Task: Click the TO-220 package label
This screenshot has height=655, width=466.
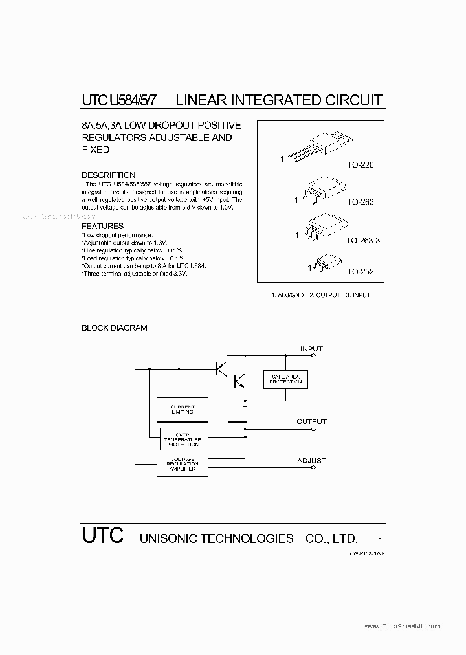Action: click(x=360, y=165)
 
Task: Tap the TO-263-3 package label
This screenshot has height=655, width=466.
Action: click(x=362, y=240)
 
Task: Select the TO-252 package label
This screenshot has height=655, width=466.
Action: click(x=360, y=272)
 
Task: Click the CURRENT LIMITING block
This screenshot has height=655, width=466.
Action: click(x=183, y=409)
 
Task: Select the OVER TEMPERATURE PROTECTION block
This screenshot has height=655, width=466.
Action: click(x=183, y=439)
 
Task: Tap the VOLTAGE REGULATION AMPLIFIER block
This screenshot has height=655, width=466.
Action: click(x=183, y=464)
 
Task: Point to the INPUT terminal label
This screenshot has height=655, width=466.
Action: click(x=311, y=349)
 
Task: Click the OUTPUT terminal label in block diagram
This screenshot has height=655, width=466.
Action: click(x=311, y=421)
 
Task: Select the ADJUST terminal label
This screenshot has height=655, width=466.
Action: click(x=311, y=461)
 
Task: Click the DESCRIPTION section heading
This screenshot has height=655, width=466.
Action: click(x=108, y=175)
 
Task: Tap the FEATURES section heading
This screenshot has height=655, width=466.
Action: click(x=102, y=227)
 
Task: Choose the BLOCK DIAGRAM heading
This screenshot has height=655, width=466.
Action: click(x=114, y=328)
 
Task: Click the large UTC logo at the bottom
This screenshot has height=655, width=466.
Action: click(x=102, y=537)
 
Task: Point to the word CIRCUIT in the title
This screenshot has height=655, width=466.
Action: click(x=353, y=100)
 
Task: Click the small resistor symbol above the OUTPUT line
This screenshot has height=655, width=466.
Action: click(x=245, y=412)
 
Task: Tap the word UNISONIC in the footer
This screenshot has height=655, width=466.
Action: click(x=169, y=538)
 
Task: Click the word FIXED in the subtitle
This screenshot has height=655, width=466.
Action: click(x=95, y=150)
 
